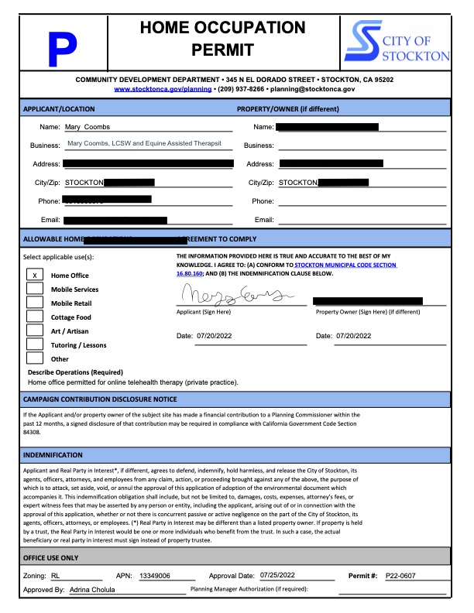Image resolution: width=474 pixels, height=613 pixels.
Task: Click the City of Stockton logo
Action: coord(396,43)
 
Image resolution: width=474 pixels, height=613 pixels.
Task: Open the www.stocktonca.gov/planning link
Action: coord(157,90)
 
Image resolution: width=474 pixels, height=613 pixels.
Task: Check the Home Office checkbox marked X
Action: coord(35,275)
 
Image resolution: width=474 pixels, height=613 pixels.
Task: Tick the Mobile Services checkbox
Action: coord(35,289)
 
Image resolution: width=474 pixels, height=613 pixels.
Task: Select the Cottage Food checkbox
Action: coord(35,317)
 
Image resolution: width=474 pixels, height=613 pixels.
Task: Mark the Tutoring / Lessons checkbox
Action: coord(35,344)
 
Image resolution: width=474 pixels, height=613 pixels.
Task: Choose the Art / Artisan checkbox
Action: coord(35,330)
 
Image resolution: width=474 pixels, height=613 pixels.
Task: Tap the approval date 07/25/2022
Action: coord(280,577)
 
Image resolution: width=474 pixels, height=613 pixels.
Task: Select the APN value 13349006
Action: coord(156,577)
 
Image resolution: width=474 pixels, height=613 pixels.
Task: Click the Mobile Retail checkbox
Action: coord(35,303)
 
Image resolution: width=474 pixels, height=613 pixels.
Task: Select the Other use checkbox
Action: coord(35,358)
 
